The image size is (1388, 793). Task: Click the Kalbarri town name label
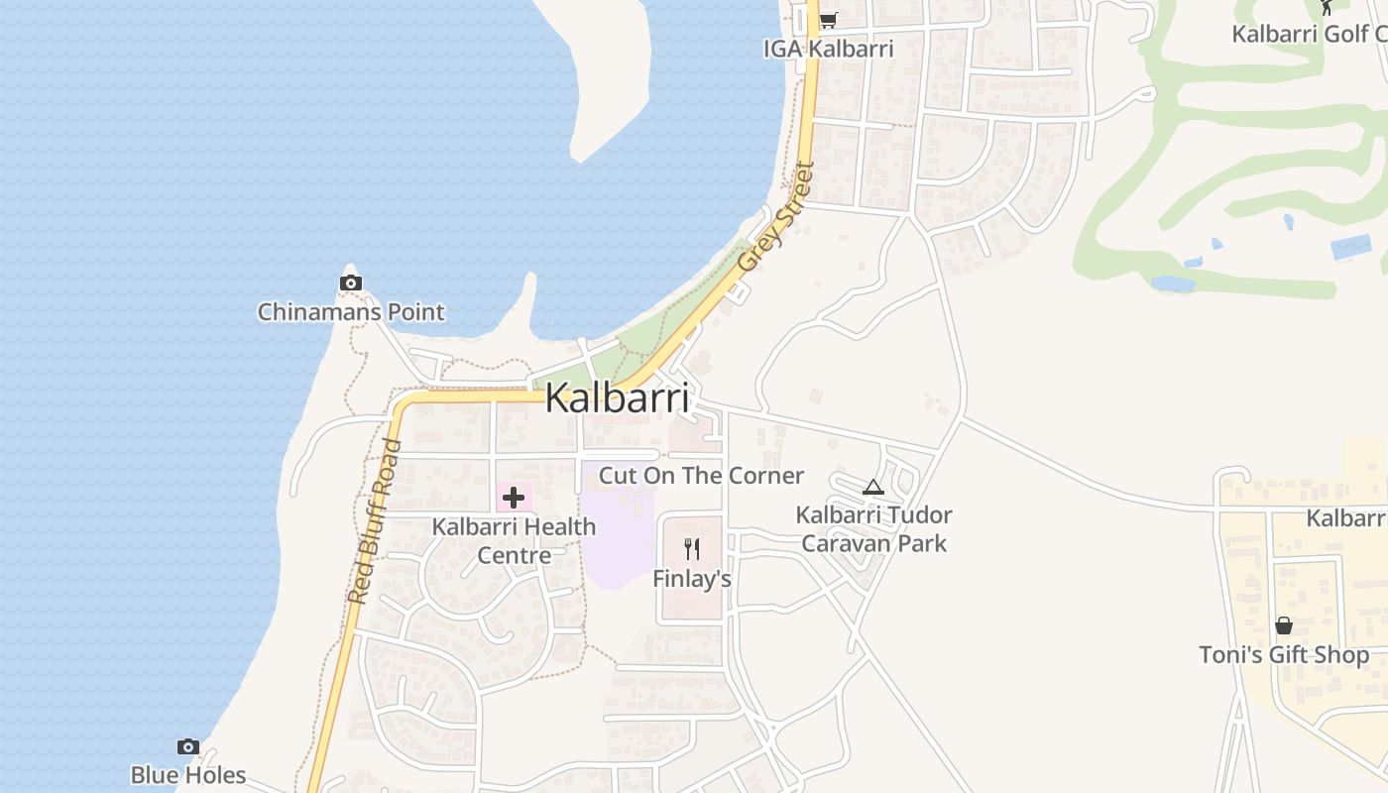pos(617,398)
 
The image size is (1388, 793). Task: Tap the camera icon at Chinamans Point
pos(350,283)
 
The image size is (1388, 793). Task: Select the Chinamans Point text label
pos(351,312)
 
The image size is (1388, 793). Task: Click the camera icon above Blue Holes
pos(187,746)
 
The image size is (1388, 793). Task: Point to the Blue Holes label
pos(188,775)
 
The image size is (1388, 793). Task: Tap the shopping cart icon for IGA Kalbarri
pos(828,20)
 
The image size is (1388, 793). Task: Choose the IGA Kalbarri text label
pos(828,49)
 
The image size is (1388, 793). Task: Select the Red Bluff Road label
pos(375,520)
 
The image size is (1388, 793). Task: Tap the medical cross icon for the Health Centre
pos(514,497)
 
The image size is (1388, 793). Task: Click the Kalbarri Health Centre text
pos(515,540)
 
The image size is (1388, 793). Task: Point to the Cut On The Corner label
pos(701,476)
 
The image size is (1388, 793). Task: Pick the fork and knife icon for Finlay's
pos(692,548)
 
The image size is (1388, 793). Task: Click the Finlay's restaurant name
pos(692,578)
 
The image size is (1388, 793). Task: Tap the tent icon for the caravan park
pos(872,487)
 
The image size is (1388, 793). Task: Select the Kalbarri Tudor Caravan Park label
pos(874,529)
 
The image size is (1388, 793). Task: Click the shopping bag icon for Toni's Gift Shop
pos(1284,625)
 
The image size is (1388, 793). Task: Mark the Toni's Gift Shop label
pos(1284,655)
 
